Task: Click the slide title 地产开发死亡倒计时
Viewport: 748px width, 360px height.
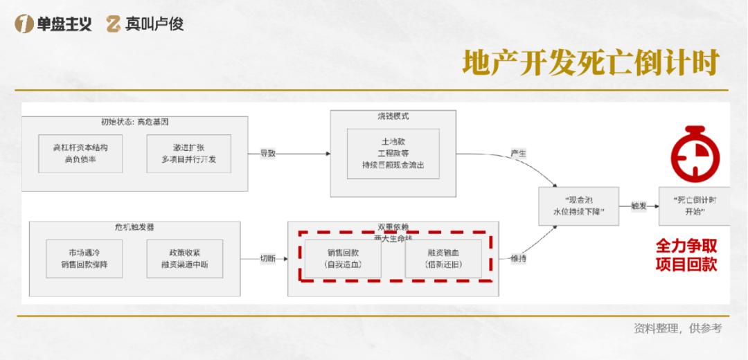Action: click(591, 63)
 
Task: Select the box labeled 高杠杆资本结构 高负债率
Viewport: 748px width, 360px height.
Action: click(80, 153)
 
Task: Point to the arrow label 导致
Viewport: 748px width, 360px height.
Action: click(268, 153)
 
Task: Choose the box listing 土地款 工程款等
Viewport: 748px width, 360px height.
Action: click(393, 153)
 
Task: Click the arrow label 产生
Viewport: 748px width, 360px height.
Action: click(518, 153)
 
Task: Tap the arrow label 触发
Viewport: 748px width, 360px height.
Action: click(639, 206)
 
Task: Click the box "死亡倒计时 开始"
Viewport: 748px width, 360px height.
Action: click(693, 206)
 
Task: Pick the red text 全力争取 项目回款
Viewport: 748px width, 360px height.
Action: click(686, 255)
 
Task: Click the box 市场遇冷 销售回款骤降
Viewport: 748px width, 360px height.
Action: click(83, 258)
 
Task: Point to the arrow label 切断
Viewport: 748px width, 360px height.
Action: click(267, 258)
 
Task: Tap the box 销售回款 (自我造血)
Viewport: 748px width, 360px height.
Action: click(344, 259)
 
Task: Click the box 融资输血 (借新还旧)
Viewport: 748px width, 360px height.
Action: click(443, 259)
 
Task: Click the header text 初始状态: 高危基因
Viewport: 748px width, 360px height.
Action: click(136, 122)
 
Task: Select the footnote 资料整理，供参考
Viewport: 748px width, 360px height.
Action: click(677, 328)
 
